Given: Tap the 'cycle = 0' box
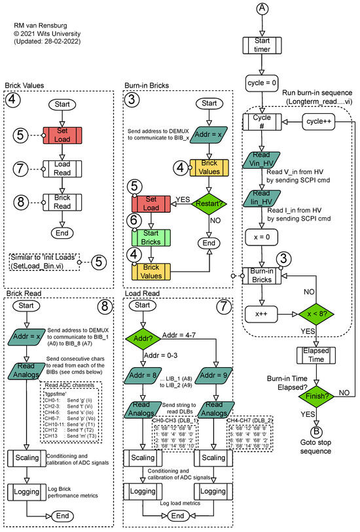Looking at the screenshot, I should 262,84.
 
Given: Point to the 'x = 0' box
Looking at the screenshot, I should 262,236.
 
